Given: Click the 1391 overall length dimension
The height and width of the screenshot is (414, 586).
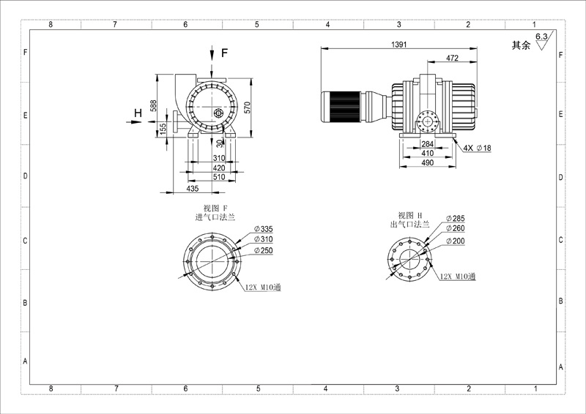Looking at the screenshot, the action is [x=398, y=45].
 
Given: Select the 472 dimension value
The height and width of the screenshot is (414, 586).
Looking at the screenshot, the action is [x=452, y=58].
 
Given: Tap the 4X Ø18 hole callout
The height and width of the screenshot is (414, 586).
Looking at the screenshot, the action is [x=478, y=148].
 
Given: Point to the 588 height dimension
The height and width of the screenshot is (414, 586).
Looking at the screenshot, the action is [x=153, y=105].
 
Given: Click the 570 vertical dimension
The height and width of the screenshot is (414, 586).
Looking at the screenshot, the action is [x=247, y=107].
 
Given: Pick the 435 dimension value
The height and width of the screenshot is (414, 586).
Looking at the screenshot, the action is [x=192, y=189].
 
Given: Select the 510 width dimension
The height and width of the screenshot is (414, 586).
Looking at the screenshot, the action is [x=219, y=177].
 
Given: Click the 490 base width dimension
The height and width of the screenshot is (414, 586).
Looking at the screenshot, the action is [x=428, y=163].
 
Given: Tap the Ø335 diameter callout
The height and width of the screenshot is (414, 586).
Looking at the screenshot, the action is [x=264, y=229].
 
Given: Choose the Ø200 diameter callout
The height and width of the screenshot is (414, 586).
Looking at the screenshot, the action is [x=455, y=241].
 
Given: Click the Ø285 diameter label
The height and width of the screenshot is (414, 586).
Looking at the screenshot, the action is [x=455, y=219].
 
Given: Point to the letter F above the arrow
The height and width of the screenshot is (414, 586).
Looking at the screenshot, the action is [x=224, y=53].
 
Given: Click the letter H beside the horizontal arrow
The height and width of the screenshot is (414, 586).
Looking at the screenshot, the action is [x=138, y=113].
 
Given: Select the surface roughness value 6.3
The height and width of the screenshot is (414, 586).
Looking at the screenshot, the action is [x=541, y=37].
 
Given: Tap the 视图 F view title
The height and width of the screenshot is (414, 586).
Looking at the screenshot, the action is [x=215, y=208].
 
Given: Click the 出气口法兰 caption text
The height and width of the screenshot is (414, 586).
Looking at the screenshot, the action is [x=409, y=225].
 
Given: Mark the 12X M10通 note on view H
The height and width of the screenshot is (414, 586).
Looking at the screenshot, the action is [x=457, y=276].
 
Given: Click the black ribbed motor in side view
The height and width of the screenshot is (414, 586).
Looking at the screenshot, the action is [x=341, y=106].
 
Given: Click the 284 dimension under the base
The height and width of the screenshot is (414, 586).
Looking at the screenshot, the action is [x=428, y=144].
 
